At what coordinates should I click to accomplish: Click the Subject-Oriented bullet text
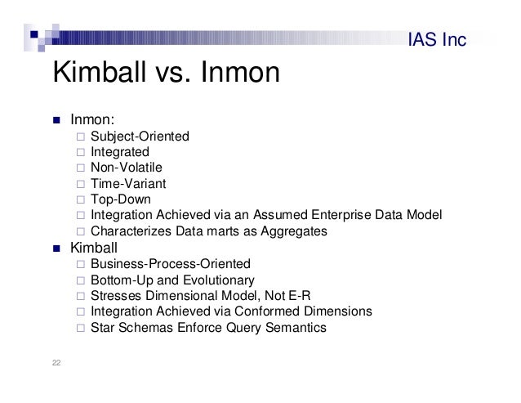140,137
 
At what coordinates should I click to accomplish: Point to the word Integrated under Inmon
119,153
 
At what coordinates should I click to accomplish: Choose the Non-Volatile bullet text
127,168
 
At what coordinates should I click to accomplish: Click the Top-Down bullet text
120,199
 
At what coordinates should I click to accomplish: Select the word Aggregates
292,231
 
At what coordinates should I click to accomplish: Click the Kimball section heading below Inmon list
94,247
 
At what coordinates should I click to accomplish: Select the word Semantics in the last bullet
296,328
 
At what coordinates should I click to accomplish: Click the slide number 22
57,364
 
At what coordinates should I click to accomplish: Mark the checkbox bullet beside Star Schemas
79,328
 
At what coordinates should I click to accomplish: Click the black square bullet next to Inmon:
58,123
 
